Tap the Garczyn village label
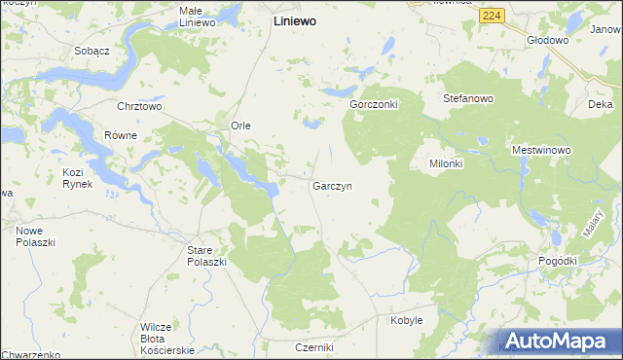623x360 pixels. (332, 185)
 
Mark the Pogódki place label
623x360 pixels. (558, 262)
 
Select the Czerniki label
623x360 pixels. (314, 347)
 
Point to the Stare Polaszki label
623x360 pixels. (206, 256)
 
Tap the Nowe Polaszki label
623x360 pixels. (36, 235)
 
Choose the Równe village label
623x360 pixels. (121, 135)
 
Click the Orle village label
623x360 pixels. (240, 126)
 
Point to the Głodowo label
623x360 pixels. (547, 40)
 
